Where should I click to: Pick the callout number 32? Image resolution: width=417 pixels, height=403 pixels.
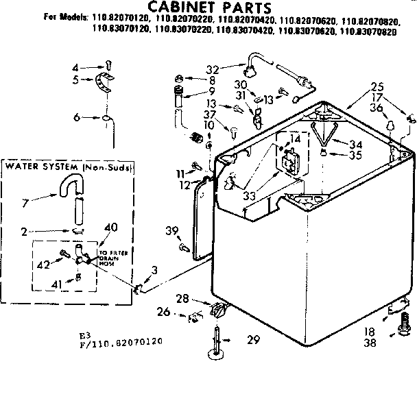(x=212, y=69)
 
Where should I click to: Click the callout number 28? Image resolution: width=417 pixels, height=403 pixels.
(x=201, y=299)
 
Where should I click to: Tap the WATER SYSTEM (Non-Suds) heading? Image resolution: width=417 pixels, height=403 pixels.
(x=69, y=167)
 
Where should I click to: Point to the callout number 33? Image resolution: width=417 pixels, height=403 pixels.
(x=249, y=196)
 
